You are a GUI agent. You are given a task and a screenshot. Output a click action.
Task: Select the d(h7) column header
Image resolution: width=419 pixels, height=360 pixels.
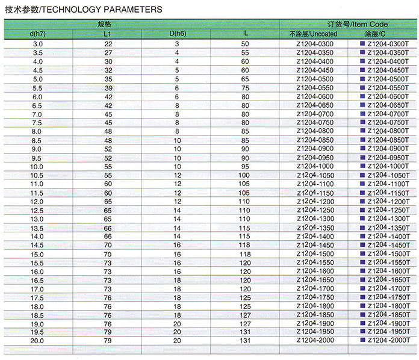[38, 34]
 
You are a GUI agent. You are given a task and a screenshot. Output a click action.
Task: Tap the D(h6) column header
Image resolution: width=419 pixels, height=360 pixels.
[177, 34]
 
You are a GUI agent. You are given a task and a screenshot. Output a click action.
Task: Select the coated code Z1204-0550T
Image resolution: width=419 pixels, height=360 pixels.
[388, 88]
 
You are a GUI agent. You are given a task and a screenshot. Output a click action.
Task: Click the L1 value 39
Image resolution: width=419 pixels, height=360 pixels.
[108, 88]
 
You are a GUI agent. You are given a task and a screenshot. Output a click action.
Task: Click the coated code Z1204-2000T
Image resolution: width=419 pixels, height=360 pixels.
[388, 341]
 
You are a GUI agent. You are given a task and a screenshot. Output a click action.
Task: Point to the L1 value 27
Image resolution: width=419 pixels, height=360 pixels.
[108, 53]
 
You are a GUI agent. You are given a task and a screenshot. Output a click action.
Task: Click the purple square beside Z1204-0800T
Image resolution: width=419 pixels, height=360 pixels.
[362, 131]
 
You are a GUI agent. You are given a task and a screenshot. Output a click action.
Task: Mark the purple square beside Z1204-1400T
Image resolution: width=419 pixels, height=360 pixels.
[362, 236]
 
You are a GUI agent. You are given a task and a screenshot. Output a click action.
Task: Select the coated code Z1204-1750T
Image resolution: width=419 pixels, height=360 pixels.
[388, 297]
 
